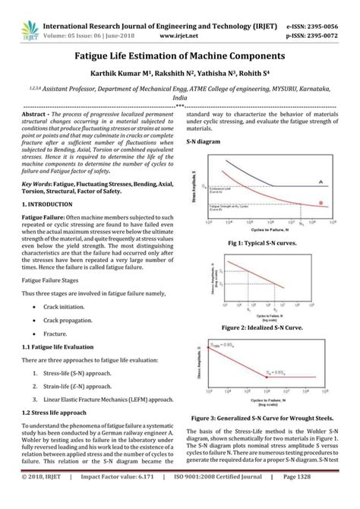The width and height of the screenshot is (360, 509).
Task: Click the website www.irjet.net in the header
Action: pos(180,23)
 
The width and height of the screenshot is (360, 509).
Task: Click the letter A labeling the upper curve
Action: pos(322,180)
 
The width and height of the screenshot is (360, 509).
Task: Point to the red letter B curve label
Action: pos(322,202)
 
